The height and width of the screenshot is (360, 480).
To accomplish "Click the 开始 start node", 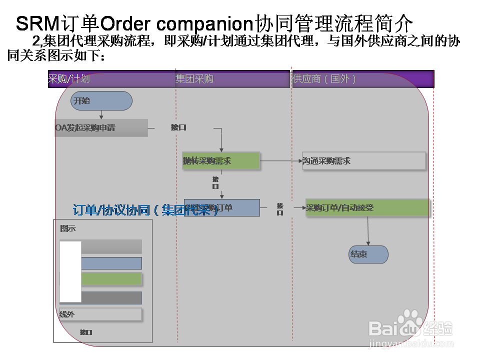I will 101,101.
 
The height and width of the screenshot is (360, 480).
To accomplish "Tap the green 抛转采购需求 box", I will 221,161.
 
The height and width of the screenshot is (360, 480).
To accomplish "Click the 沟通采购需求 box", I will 364,161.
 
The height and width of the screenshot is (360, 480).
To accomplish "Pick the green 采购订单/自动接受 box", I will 367,208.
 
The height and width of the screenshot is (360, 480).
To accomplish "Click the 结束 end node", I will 368,254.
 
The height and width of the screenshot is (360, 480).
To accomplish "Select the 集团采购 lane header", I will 194,79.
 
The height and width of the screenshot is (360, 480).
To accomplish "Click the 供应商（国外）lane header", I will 324,79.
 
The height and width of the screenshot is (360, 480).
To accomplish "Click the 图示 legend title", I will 68,228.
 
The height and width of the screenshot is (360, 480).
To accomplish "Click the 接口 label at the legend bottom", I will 86,332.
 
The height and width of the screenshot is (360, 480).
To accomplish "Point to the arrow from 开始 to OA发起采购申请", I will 101,114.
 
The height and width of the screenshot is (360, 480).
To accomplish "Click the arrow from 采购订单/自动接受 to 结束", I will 368,231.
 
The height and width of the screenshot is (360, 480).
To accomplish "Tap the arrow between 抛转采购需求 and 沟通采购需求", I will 280,161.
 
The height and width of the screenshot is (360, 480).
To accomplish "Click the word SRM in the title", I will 37,23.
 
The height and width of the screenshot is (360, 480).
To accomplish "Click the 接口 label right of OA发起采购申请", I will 178,127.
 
